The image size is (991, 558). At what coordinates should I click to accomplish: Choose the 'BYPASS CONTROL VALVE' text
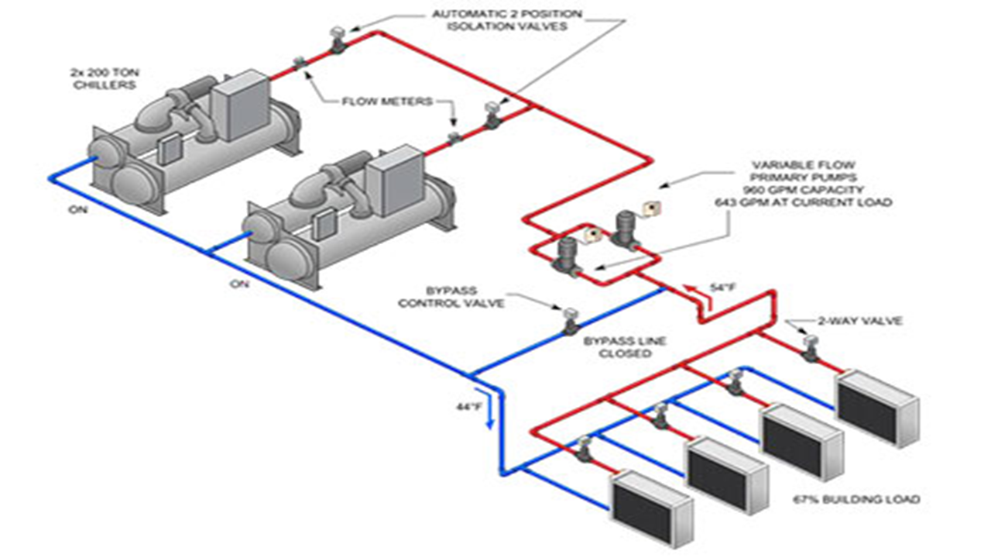point(451,297)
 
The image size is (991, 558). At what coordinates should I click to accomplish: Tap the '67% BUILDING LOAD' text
point(856,499)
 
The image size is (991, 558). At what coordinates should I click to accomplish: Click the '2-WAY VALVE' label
point(860,321)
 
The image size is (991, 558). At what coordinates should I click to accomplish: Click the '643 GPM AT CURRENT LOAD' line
point(804,202)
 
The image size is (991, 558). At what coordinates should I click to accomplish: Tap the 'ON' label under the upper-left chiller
point(78,209)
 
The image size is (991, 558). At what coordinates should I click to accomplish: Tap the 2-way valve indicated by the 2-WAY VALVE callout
point(811,348)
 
